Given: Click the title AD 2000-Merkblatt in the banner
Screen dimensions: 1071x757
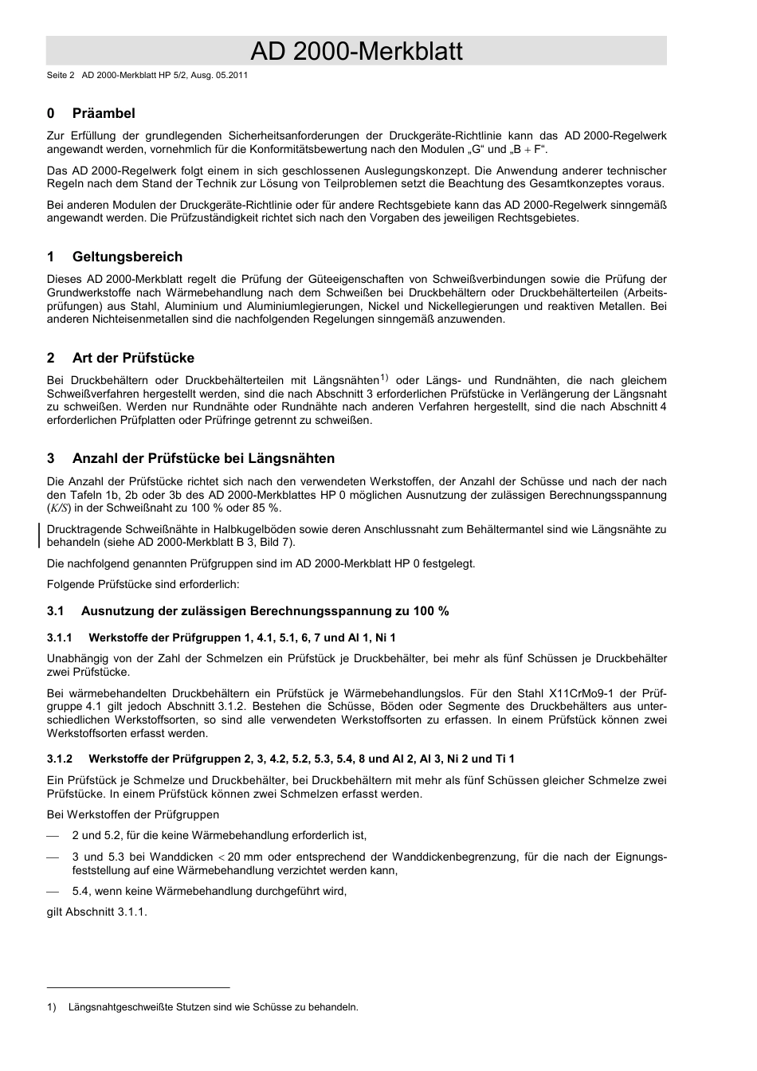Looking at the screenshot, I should click(356, 52).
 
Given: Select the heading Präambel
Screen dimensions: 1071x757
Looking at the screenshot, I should click(104, 114).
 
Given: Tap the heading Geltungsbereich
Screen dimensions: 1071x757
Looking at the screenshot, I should click(127, 257).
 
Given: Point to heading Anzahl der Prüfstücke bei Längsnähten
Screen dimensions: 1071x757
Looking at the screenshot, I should click(203, 458).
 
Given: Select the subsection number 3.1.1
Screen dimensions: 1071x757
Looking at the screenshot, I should click(59, 637).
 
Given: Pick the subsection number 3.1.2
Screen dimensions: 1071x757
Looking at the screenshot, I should click(59, 759).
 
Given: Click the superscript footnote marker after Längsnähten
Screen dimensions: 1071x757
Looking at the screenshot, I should click(383, 377).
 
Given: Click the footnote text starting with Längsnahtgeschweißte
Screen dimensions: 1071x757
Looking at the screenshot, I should click(213, 1007).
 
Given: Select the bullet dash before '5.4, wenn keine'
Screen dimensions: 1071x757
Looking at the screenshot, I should click(53, 891).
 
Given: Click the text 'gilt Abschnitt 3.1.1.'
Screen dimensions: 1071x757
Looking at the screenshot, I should click(97, 912).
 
